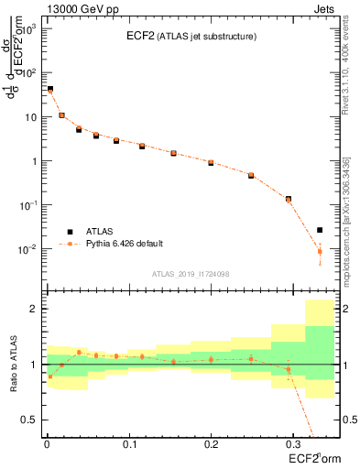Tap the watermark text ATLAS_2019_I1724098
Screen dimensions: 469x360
click(x=191, y=273)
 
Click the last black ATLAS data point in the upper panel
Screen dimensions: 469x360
click(x=320, y=230)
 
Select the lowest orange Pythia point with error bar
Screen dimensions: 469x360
click(x=320, y=251)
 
